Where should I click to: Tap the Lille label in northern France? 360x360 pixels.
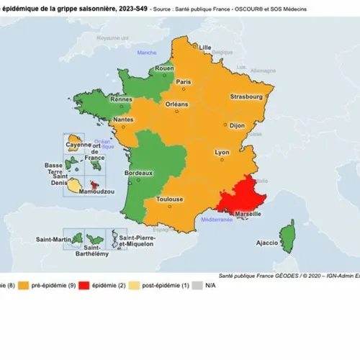[205, 48]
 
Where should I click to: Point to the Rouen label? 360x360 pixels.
[166, 69]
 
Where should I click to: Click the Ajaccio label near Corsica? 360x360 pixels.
[266, 243]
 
